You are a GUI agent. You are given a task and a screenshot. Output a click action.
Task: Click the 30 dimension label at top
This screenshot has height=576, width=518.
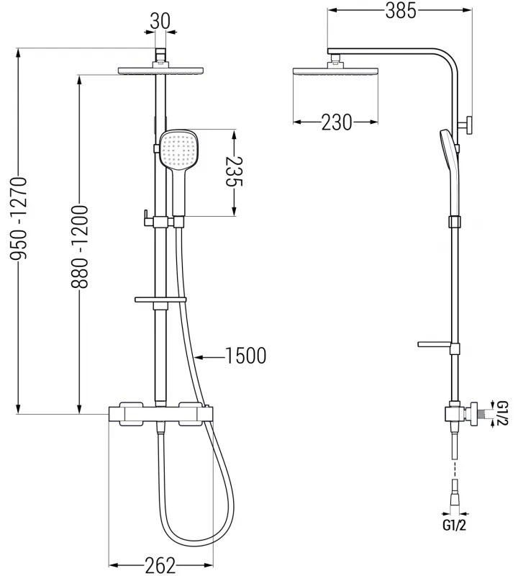(160, 22)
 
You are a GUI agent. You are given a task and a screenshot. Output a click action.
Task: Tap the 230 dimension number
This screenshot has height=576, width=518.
(336, 123)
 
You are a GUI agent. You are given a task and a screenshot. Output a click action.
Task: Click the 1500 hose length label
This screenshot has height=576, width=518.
(245, 355)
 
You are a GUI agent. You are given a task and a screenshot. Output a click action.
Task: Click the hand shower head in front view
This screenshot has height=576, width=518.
(178, 150)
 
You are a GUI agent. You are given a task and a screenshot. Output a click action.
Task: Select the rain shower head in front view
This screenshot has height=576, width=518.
(160, 71)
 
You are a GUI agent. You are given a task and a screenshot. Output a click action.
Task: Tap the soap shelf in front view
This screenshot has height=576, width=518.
(160, 298)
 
